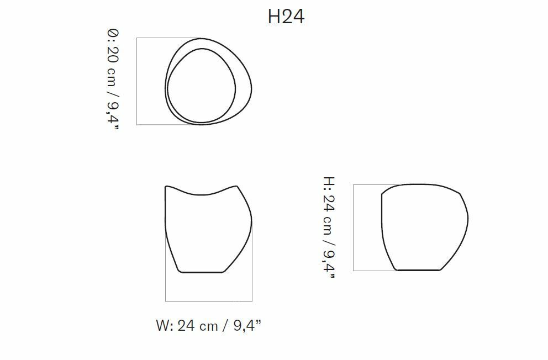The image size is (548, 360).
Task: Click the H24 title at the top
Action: point(286,17)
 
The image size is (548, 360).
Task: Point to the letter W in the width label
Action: point(163,325)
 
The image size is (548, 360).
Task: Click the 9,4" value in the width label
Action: point(247,325)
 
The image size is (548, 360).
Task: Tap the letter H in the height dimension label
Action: point(329,182)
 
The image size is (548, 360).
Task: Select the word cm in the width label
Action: point(209,326)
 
